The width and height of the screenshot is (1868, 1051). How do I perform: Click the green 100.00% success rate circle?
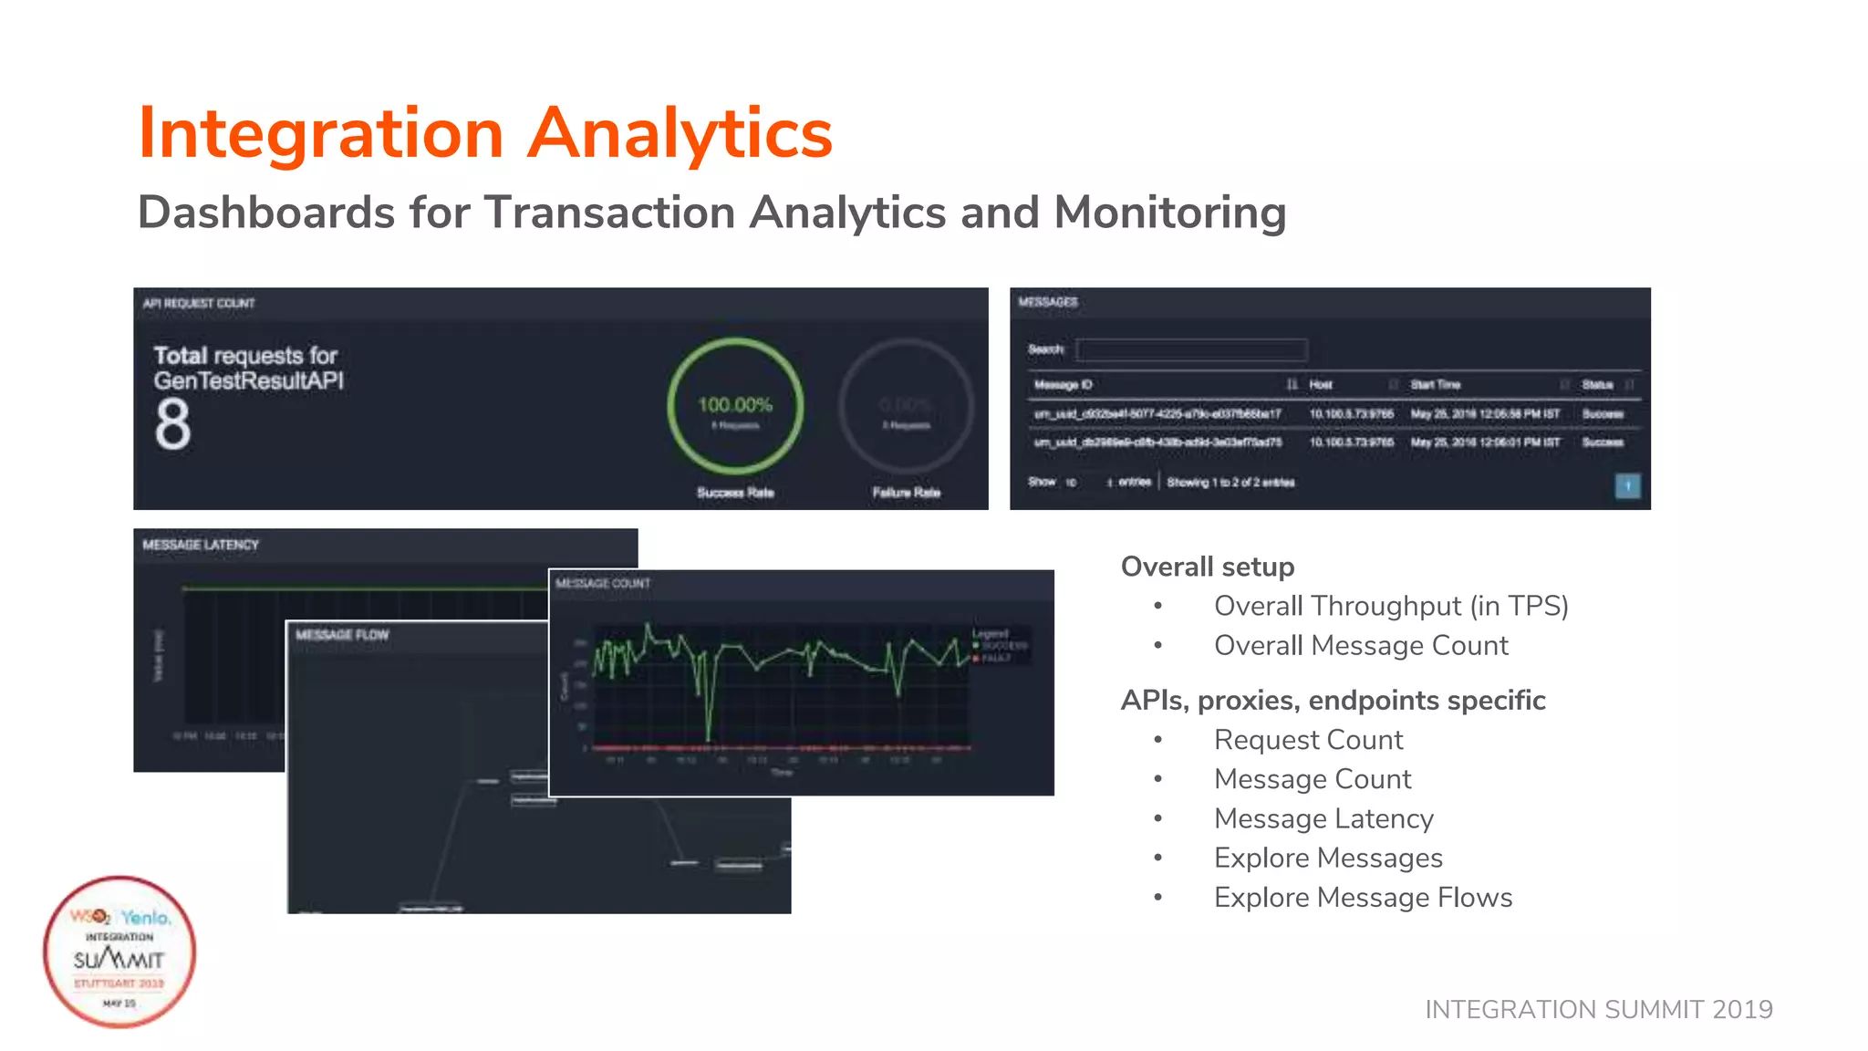pos(735,406)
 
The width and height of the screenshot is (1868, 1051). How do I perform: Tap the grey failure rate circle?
pos(906,406)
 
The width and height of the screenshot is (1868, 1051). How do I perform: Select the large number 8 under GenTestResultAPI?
pos(172,425)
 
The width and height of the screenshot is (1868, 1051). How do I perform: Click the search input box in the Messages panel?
pos(1191,349)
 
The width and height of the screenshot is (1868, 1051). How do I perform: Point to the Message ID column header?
pos(1064,385)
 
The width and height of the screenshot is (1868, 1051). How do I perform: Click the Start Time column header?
pos(1436,385)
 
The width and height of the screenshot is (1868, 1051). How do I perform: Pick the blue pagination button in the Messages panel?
pos(1627,485)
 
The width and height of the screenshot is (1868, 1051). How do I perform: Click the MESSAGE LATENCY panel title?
pos(201,545)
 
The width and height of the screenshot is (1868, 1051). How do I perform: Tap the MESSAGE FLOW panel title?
pos(342,635)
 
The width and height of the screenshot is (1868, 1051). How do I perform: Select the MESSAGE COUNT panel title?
pos(603,584)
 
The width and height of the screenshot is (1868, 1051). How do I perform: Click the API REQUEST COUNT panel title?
pos(199,304)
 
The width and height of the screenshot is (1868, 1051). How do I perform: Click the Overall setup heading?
pos(1207,567)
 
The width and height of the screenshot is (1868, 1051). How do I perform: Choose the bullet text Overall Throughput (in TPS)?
pos(1391,606)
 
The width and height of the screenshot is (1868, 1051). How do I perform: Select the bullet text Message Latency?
pos(1323,818)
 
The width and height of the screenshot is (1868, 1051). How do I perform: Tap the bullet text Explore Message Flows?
pos(1363,898)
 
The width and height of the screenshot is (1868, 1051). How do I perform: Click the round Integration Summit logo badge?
pos(119,952)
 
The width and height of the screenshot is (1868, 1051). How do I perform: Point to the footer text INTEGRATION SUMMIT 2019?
pos(1598,1009)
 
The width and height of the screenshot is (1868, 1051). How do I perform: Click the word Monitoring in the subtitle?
pos(1169,213)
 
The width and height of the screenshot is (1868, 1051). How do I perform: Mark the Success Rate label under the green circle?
pos(735,493)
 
